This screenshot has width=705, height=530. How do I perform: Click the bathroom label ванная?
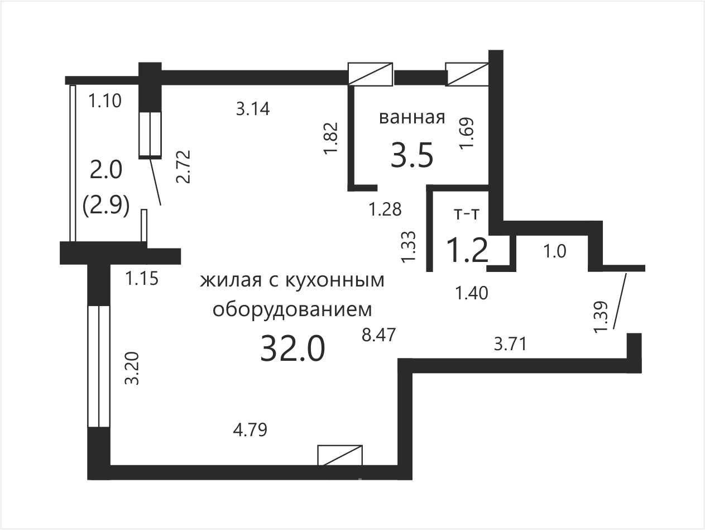(x=412, y=118)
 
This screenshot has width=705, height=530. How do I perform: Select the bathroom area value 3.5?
(x=412, y=155)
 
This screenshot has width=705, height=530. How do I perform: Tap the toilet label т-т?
(x=467, y=214)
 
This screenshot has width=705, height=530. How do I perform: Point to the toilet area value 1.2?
(x=468, y=250)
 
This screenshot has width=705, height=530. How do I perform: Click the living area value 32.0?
(x=292, y=349)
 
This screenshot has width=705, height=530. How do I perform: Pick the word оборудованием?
(x=292, y=310)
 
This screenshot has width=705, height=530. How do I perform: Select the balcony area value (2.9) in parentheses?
(x=106, y=206)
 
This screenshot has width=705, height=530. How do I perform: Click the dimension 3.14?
(x=253, y=108)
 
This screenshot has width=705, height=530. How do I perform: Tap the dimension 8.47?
(x=378, y=335)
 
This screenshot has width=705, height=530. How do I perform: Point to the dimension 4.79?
(x=250, y=430)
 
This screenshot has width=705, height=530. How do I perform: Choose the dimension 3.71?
(x=510, y=344)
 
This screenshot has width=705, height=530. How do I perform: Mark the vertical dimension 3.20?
(x=132, y=369)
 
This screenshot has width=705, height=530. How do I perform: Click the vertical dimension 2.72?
(x=184, y=167)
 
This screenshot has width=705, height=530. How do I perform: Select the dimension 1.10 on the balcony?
(x=105, y=101)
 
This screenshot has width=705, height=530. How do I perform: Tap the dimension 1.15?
(x=142, y=279)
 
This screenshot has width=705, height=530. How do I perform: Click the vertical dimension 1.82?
(x=332, y=139)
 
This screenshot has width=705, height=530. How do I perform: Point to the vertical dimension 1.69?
(x=467, y=133)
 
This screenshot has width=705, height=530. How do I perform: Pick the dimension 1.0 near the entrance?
(x=554, y=251)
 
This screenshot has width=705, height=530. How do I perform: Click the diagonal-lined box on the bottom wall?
(x=340, y=455)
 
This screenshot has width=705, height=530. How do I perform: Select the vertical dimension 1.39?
(x=601, y=317)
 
